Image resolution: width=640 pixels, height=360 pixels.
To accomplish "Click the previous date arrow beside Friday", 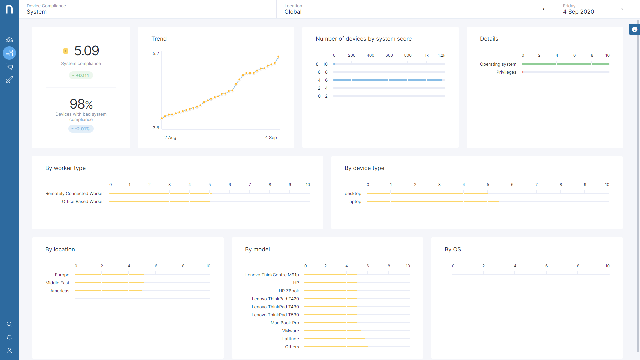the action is click(544, 9).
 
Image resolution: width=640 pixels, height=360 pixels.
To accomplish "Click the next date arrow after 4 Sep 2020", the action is click(622, 9).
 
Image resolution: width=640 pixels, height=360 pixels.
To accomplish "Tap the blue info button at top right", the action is click(635, 29).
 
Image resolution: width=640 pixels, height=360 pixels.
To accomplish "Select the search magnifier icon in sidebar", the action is click(9, 324).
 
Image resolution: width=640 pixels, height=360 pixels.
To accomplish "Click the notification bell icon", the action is click(9, 337).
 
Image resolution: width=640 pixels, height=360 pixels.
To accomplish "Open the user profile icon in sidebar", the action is click(9, 351).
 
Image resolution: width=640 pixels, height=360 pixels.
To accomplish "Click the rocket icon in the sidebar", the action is click(9, 80).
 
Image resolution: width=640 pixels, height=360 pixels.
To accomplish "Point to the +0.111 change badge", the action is click(81, 75).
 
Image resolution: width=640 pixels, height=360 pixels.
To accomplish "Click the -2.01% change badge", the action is click(81, 129).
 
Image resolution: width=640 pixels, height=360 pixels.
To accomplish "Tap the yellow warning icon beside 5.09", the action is click(66, 51).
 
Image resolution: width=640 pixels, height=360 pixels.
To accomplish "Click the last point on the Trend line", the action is click(278, 57).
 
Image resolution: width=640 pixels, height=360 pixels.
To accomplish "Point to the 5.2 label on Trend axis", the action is click(156, 53).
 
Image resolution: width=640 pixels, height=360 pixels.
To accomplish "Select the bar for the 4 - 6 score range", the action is click(388, 80).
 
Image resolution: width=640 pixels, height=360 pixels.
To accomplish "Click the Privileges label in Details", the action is click(506, 72).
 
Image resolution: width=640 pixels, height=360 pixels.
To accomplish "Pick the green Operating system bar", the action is click(565, 64).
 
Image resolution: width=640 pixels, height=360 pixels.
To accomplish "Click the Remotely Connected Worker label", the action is click(75, 193).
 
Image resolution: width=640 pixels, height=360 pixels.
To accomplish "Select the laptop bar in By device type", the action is click(433, 201).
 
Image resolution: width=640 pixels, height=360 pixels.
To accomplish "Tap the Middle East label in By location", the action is click(57, 283).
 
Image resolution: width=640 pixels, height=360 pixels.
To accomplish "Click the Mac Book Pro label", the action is click(285, 323).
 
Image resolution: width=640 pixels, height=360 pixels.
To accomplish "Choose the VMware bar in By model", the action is click(332, 331).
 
